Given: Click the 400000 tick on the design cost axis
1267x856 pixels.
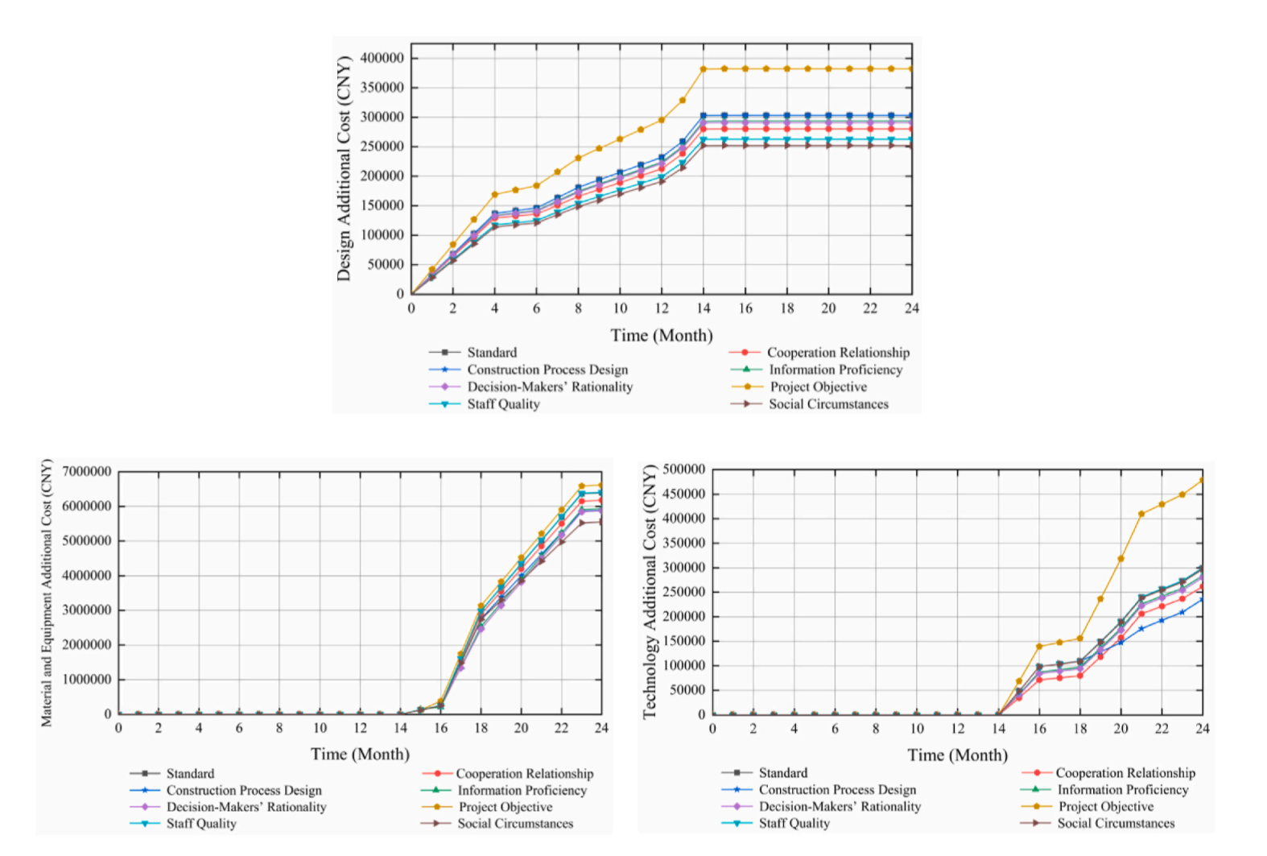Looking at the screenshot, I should (x=382, y=58).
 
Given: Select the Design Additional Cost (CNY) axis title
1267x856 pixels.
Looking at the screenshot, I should (x=345, y=169).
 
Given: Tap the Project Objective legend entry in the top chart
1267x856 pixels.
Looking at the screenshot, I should (x=818, y=387).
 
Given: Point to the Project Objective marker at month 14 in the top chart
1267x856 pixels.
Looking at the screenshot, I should (x=704, y=69).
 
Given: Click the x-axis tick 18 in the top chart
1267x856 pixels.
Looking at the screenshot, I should (x=787, y=308).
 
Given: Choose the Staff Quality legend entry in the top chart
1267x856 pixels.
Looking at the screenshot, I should (x=503, y=404).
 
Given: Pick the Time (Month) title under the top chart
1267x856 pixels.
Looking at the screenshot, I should (x=661, y=336).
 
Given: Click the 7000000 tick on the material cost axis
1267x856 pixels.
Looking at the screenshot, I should (x=87, y=472).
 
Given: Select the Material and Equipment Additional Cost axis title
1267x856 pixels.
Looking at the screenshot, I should (x=47, y=593).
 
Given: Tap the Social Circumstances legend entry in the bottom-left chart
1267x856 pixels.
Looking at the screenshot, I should (x=515, y=824).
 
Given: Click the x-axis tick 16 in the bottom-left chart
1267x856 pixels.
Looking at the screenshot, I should (x=440, y=728).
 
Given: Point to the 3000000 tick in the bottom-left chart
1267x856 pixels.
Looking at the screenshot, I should (x=87, y=610).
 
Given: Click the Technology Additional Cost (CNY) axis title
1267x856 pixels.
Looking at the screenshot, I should (x=650, y=592).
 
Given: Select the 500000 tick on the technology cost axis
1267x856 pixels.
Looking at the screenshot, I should (x=684, y=469).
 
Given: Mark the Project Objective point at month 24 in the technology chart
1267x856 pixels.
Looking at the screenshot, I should (x=1202, y=481).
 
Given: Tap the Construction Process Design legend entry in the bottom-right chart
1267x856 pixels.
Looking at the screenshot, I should (x=837, y=790).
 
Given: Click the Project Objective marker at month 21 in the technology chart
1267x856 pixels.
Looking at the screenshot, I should (x=1141, y=514).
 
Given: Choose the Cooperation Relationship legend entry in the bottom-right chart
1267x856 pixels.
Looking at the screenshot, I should (x=1125, y=773).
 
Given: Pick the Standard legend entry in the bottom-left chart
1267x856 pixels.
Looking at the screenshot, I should (x=190, y=774).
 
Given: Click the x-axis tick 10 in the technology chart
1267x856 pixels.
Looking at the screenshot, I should (x=917, y=729).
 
